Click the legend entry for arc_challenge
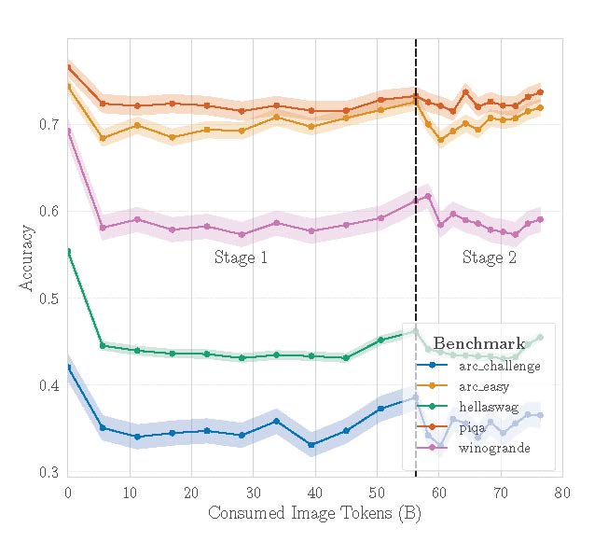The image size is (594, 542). coord(499,366)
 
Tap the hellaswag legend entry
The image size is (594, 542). coord(488,407)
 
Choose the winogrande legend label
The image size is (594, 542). coord(493,449)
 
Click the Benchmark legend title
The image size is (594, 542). coord(478,343)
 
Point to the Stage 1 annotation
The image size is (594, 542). coord(241,258)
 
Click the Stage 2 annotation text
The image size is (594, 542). coord(489,258)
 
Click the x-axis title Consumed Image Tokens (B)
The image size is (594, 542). coord(314,513)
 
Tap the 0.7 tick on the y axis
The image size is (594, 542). coord(49,124)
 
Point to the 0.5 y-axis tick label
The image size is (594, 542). coord(49,299)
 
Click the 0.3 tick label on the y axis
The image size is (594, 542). coord(49,473)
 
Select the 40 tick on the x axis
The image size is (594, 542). coord(314,492)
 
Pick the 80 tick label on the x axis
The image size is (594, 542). coord(561,492)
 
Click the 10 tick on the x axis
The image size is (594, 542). coord(130,492)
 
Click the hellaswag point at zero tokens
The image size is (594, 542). coord(68,251)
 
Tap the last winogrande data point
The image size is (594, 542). coord(540,219)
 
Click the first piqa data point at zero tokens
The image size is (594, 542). coord(68,66)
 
